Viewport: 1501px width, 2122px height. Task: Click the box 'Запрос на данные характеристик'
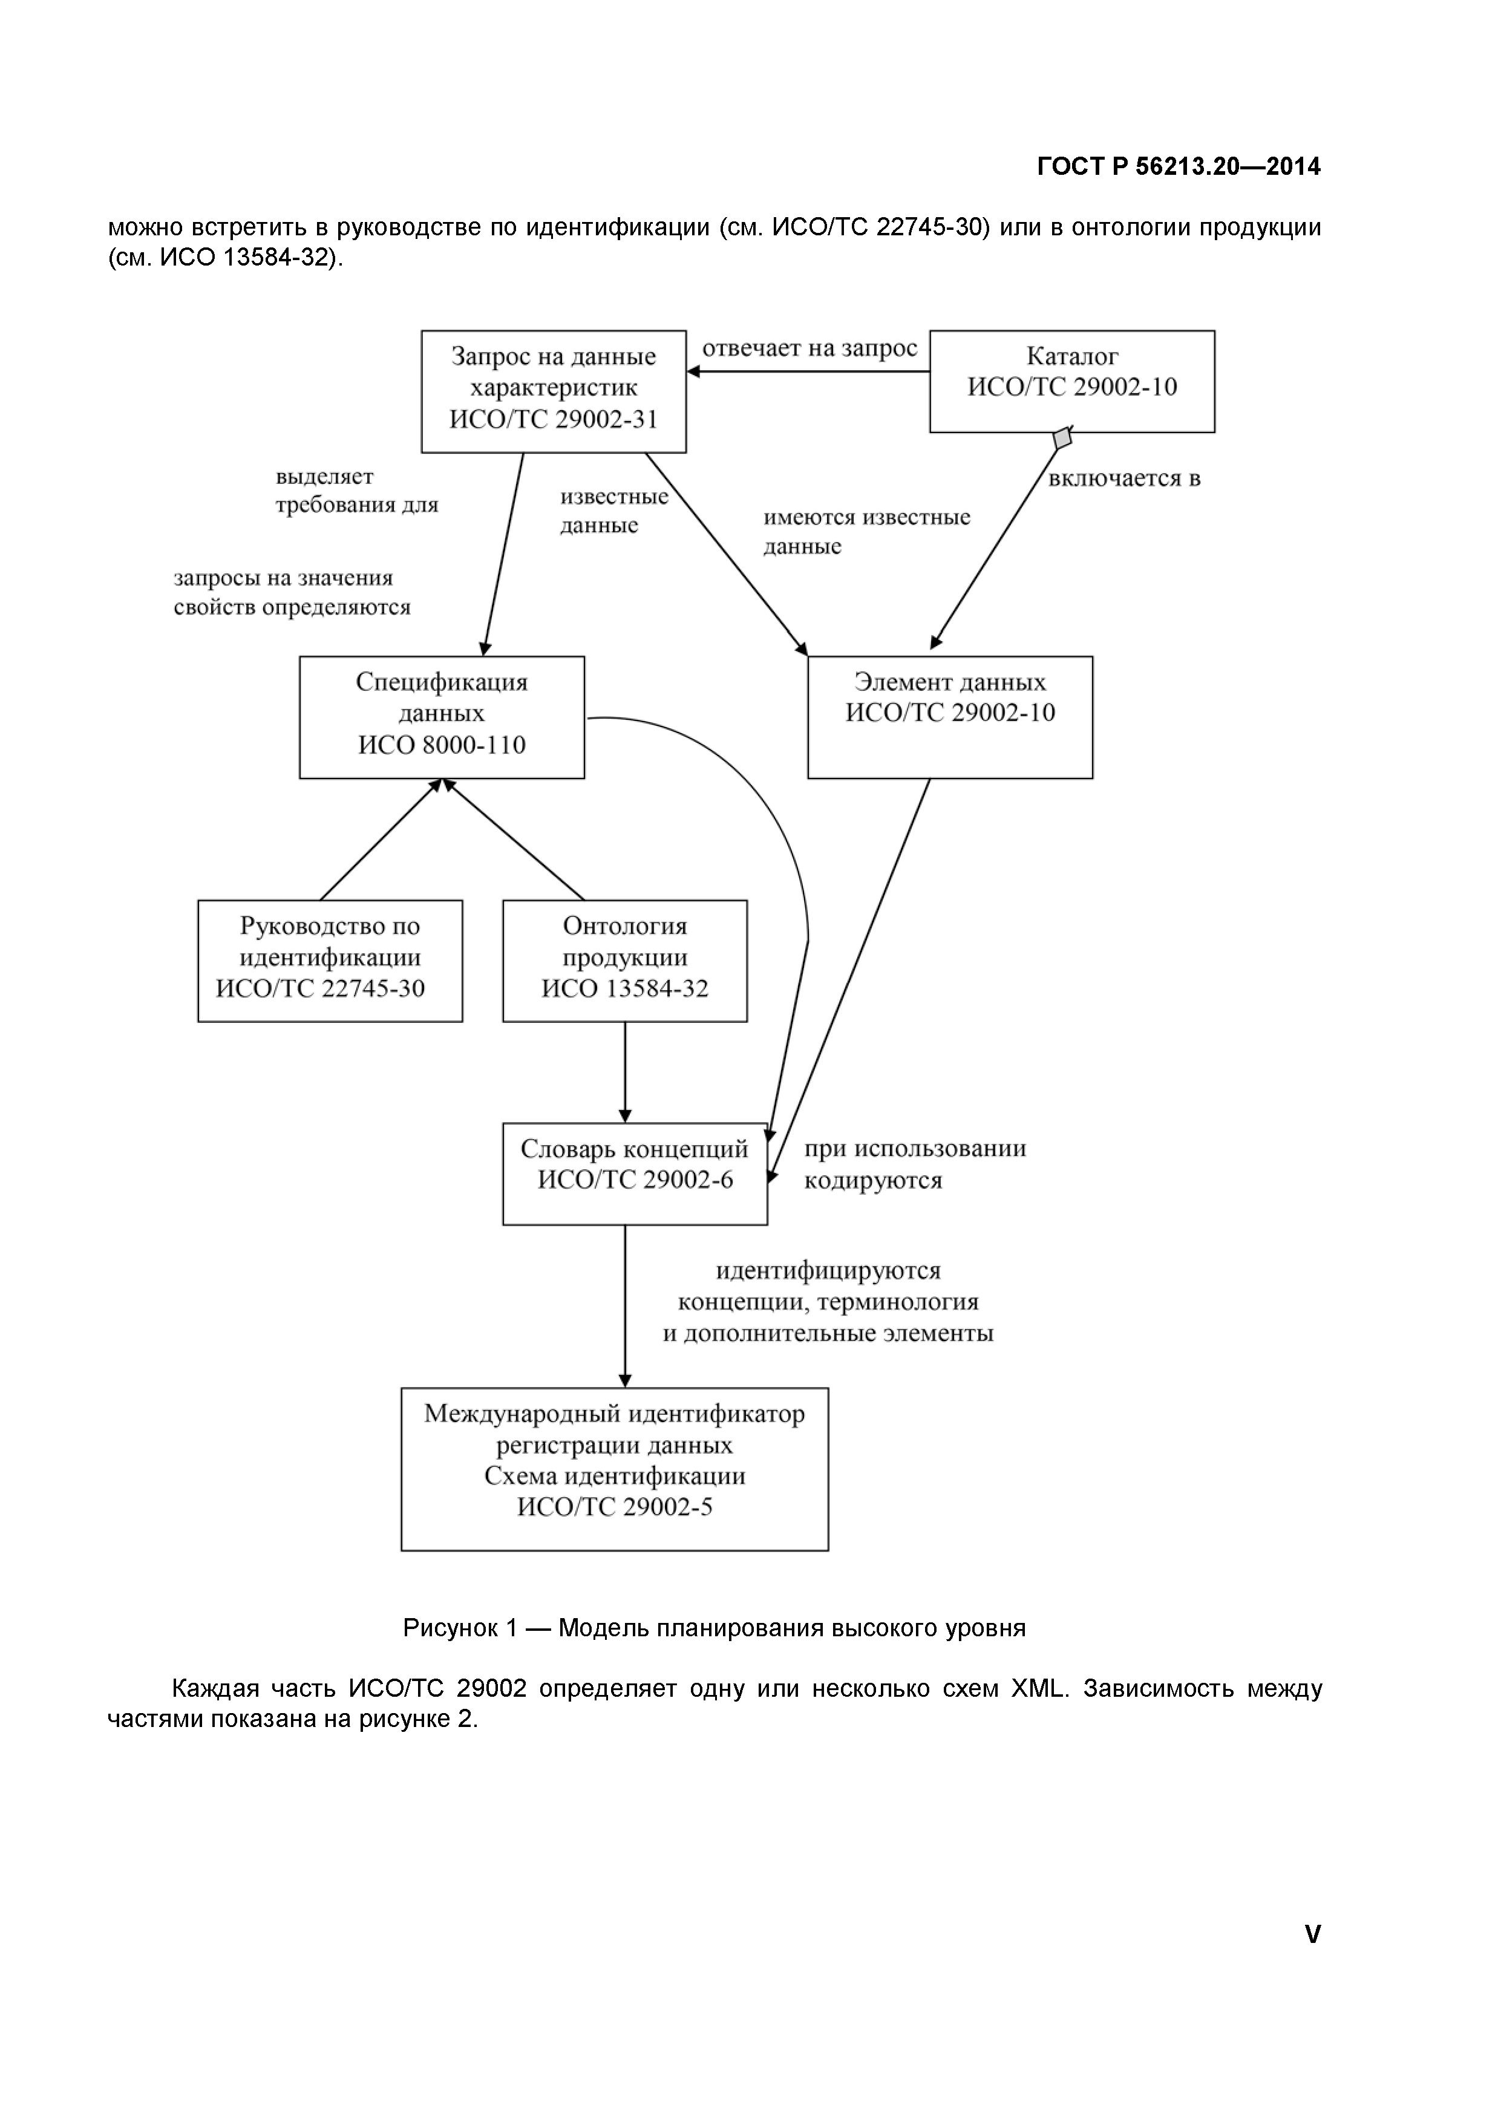[x=553, y=391]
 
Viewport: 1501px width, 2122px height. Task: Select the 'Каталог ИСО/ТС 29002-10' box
[x=1071, y=380]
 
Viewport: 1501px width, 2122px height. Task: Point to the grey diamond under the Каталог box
[x=1062, y=438]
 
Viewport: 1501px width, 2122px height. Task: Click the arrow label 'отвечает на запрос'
[x=809, y=348]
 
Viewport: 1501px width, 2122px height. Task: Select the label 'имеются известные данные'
[x=865, y=530]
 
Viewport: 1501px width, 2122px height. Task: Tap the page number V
[x=1312, y=1934]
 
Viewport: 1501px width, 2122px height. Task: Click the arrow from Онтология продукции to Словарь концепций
[x=625, y=1072]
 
